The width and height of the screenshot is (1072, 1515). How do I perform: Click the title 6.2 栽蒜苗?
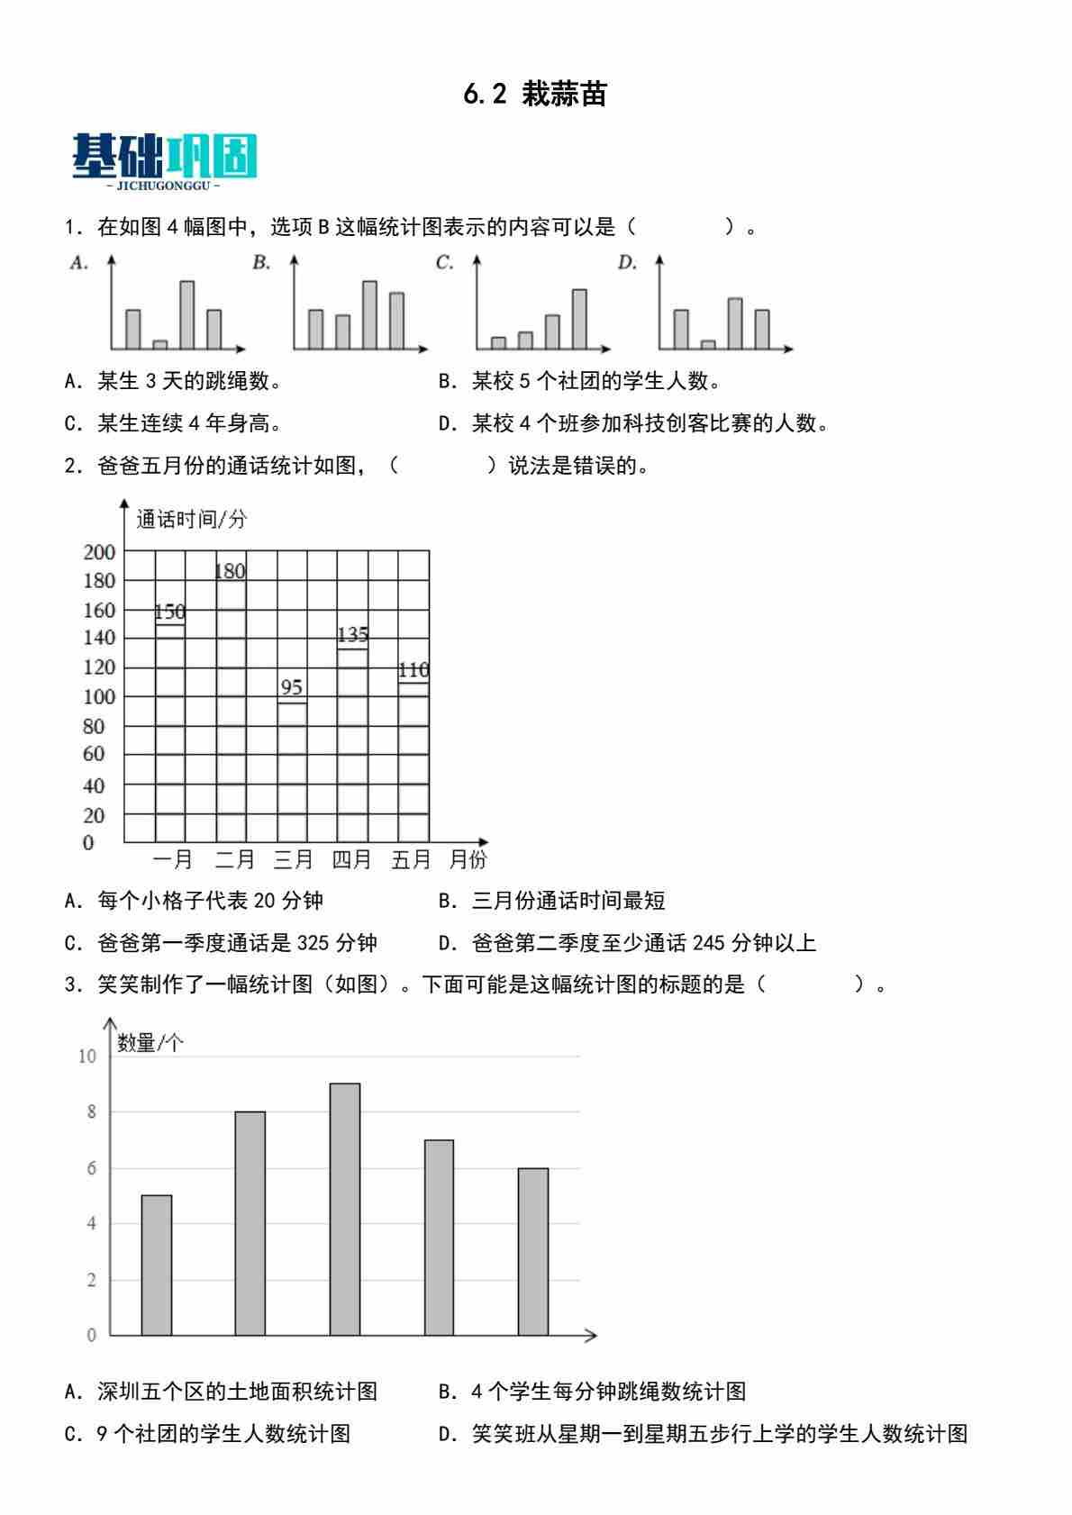535,94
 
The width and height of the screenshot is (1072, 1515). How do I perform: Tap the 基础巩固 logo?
165,159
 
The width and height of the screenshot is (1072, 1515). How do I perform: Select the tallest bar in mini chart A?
186,314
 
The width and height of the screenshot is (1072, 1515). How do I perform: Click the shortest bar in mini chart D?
708,344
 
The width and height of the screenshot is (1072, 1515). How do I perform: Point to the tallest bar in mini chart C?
579,319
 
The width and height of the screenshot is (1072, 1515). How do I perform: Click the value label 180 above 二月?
230,571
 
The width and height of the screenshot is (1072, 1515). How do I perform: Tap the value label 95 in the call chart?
291,687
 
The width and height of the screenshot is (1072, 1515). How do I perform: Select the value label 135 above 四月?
352,635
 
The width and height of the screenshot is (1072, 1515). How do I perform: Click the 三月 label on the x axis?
293,860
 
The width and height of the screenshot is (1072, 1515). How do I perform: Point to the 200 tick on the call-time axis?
100,552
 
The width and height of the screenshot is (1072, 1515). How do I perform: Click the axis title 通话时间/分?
191,519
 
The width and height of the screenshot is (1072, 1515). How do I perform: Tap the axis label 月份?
468,860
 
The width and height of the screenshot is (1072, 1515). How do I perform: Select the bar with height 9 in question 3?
344,1209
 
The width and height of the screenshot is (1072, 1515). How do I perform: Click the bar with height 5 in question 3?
157,1265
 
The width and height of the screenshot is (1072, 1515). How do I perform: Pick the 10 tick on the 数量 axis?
87,1057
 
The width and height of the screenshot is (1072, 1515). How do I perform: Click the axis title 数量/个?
150,1043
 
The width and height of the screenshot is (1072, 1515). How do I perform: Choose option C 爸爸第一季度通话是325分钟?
221,943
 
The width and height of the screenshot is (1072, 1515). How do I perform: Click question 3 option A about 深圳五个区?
221,1392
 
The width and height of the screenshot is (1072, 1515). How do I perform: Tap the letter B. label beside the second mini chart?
261,263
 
